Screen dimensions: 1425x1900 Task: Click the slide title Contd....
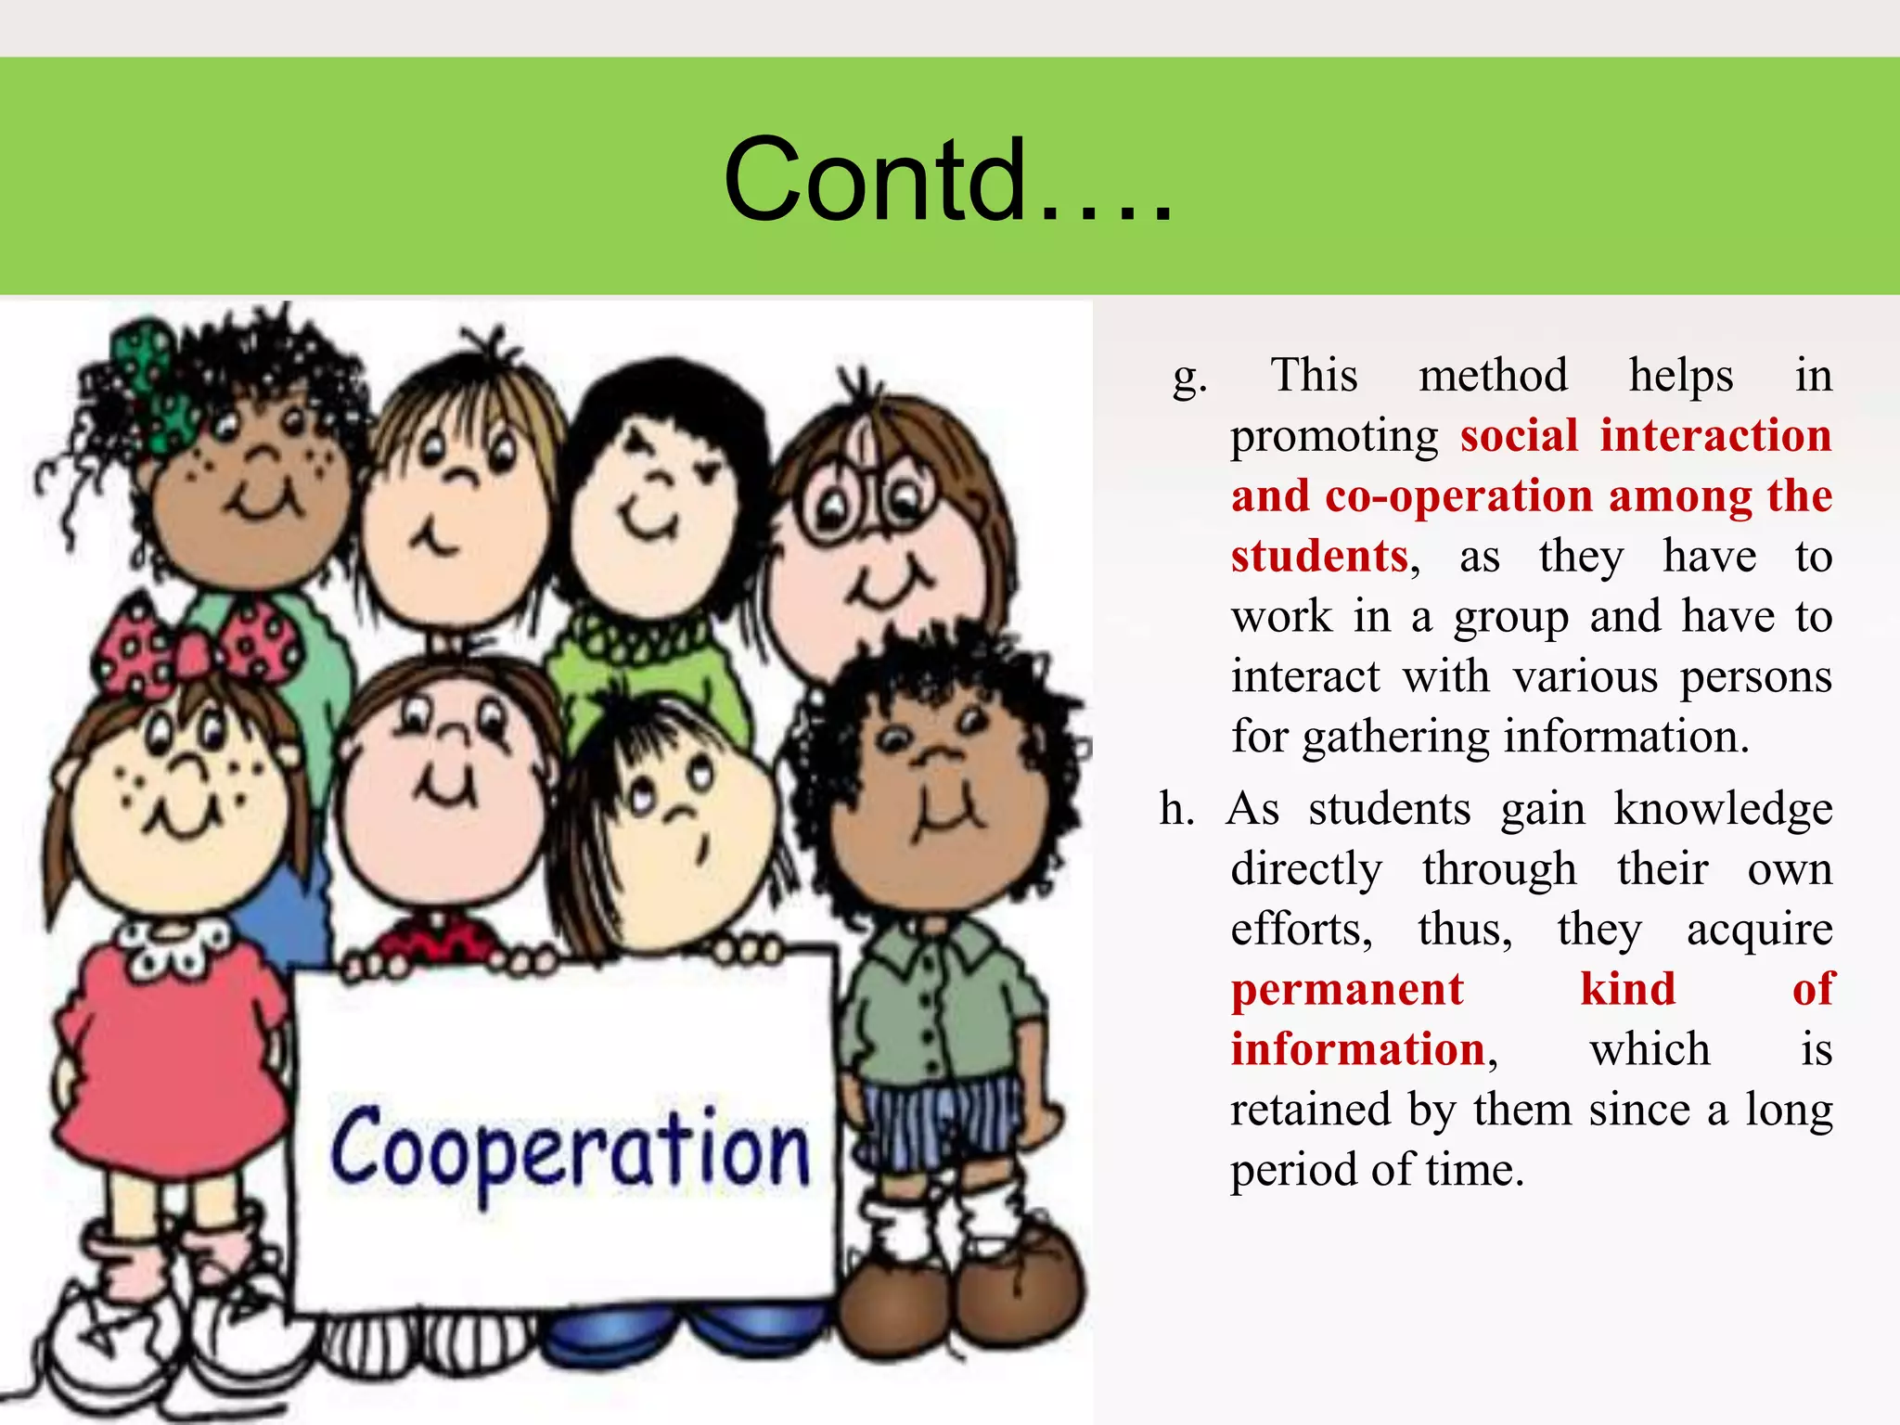pos(948,180)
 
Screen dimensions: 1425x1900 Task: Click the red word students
pos(1319,557)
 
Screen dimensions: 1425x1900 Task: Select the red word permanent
pos(1346,989)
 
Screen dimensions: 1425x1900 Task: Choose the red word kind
pos(1627,989)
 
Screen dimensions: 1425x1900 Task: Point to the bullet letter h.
pos(1176,809)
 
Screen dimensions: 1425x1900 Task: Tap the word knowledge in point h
pos(1723,809)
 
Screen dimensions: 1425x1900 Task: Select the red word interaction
pos(1715,436)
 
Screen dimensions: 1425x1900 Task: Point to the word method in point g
pos(1493,376)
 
